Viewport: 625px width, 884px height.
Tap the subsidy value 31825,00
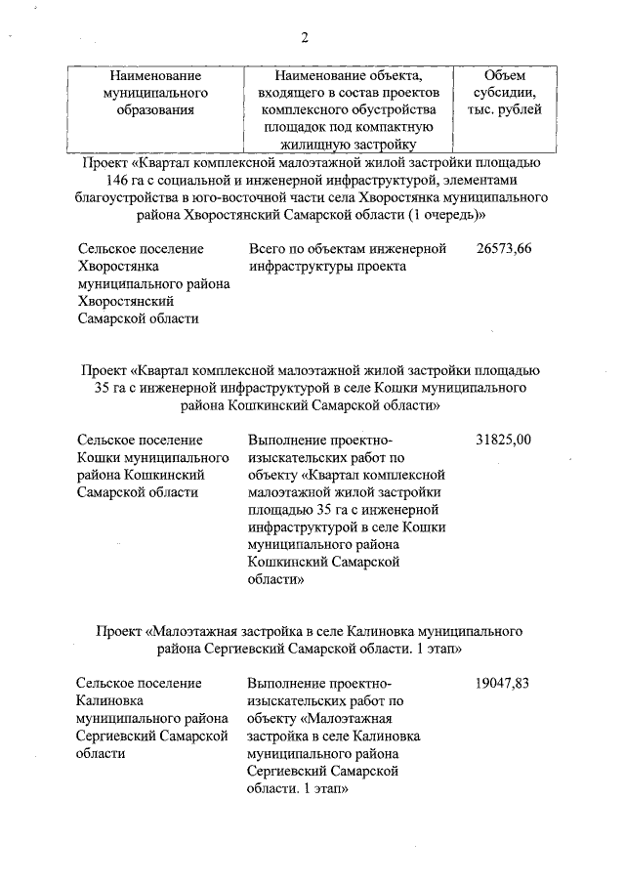504,440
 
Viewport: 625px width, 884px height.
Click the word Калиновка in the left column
109,701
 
